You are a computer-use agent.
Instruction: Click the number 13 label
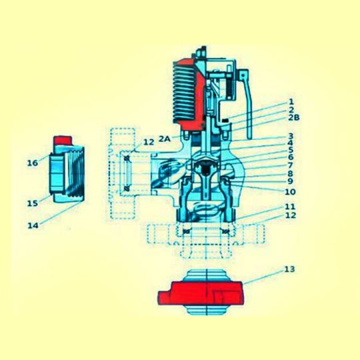(x=288, y=269)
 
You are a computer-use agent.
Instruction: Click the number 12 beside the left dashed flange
(x=148, y=142)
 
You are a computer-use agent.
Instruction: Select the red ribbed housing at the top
(x=190, y=93)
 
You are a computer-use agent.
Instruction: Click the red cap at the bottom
(x=200, y=294)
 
